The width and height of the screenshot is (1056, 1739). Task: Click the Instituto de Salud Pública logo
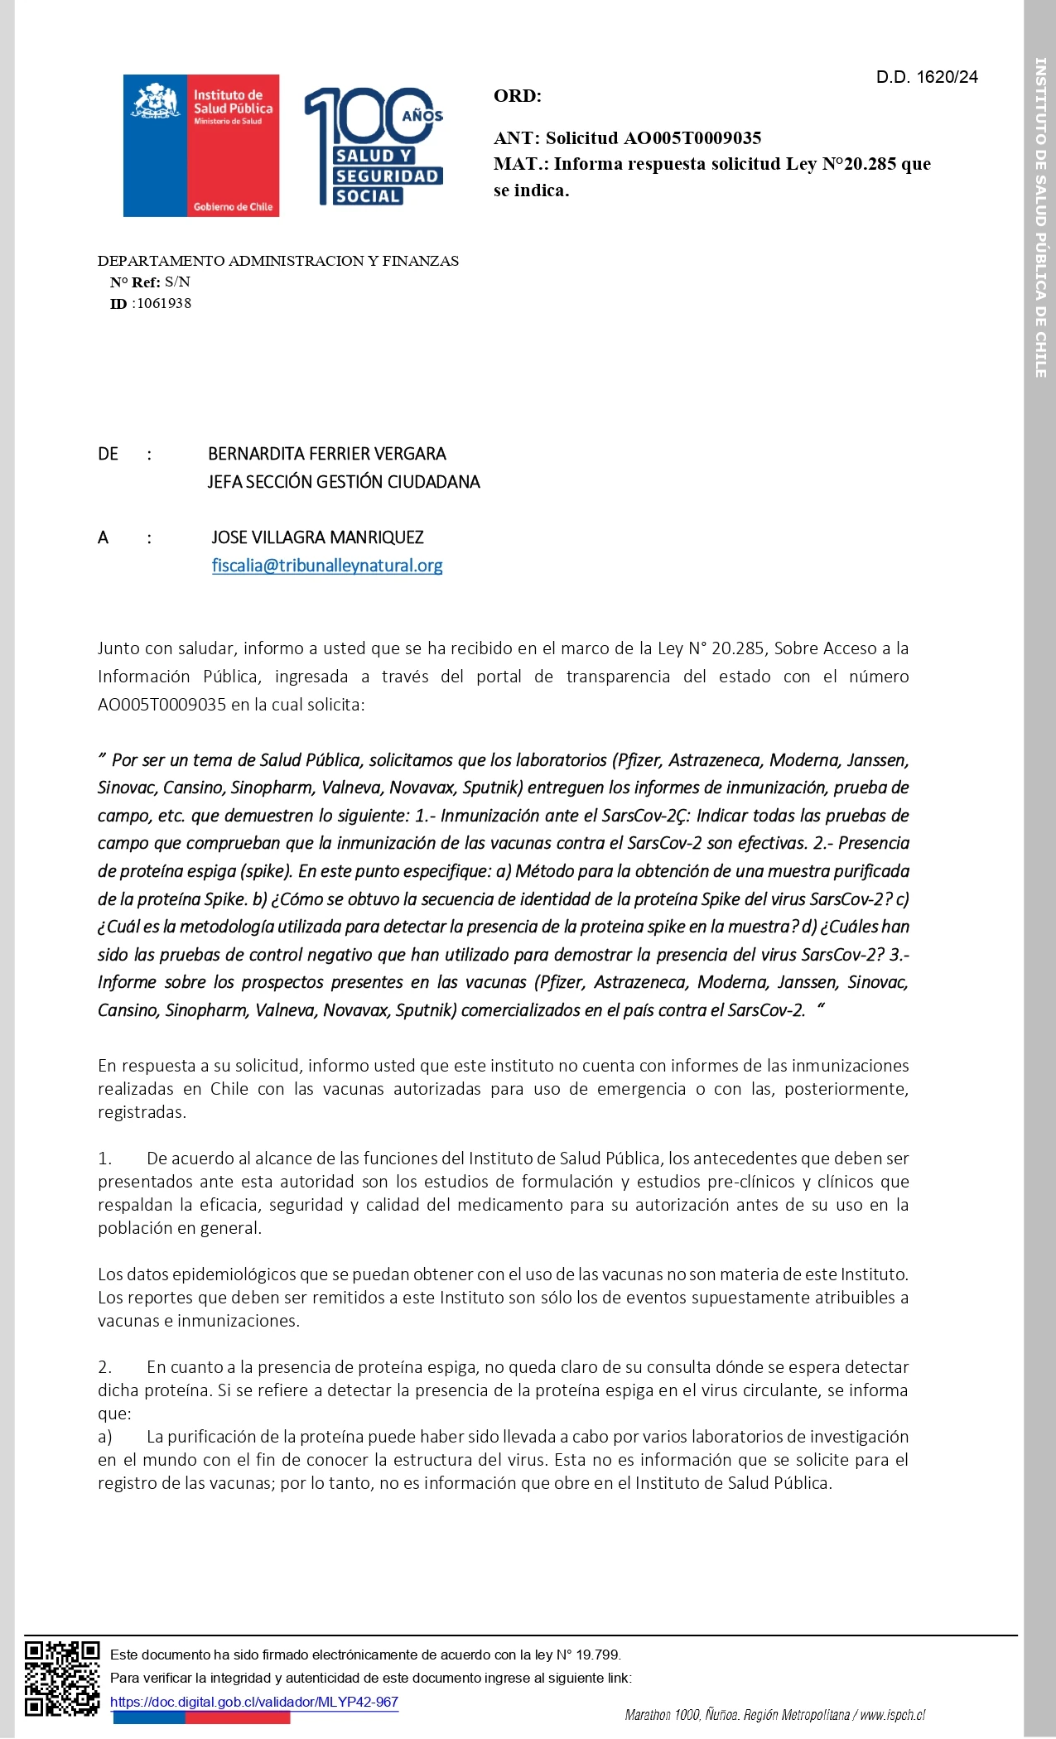pyautogui.click(x=201, y=146)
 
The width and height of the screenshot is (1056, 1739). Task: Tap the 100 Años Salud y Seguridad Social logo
pyautogui.click(x=374, y=147)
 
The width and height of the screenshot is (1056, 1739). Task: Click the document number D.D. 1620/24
pyautogui.click(x=927, y=77)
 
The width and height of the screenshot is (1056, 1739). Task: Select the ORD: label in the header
pyautogui.click(x=518, y=96)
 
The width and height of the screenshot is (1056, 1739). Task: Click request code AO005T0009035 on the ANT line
pyautogui.click(x=692, y=138)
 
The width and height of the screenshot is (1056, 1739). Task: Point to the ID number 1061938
pyautogui.click(x=164, y=304)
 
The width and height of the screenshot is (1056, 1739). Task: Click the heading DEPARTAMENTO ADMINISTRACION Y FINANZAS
pyautogui.click(x=278, y=262)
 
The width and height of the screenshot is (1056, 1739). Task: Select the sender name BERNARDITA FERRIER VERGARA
pyautogui.click(x=327, y=454)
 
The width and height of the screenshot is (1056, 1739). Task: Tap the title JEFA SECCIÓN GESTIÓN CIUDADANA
pyautogui.click(x=344, y=482)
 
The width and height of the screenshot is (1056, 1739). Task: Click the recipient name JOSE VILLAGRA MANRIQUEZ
pyautogui.click(x=317, y=537)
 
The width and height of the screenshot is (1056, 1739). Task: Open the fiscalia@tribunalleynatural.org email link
pyautogui.click(x=327, y=566)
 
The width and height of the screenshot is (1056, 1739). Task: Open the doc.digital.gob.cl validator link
pyautogui.click(x=254, y=1703)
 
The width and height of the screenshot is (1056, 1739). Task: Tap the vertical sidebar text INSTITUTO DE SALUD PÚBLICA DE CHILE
pyautogui.click(x=1040, y=217)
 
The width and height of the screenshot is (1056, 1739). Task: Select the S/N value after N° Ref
pyautogui.click(x=177, y=282)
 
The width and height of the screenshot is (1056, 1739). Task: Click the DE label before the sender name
pyautogui.click(x=108, y=454)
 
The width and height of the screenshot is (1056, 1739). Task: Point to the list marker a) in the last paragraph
pyautogui.click(x=105, y=1437)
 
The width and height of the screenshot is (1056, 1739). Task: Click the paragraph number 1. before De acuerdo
pyautogui.click(x=104, y=1159)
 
